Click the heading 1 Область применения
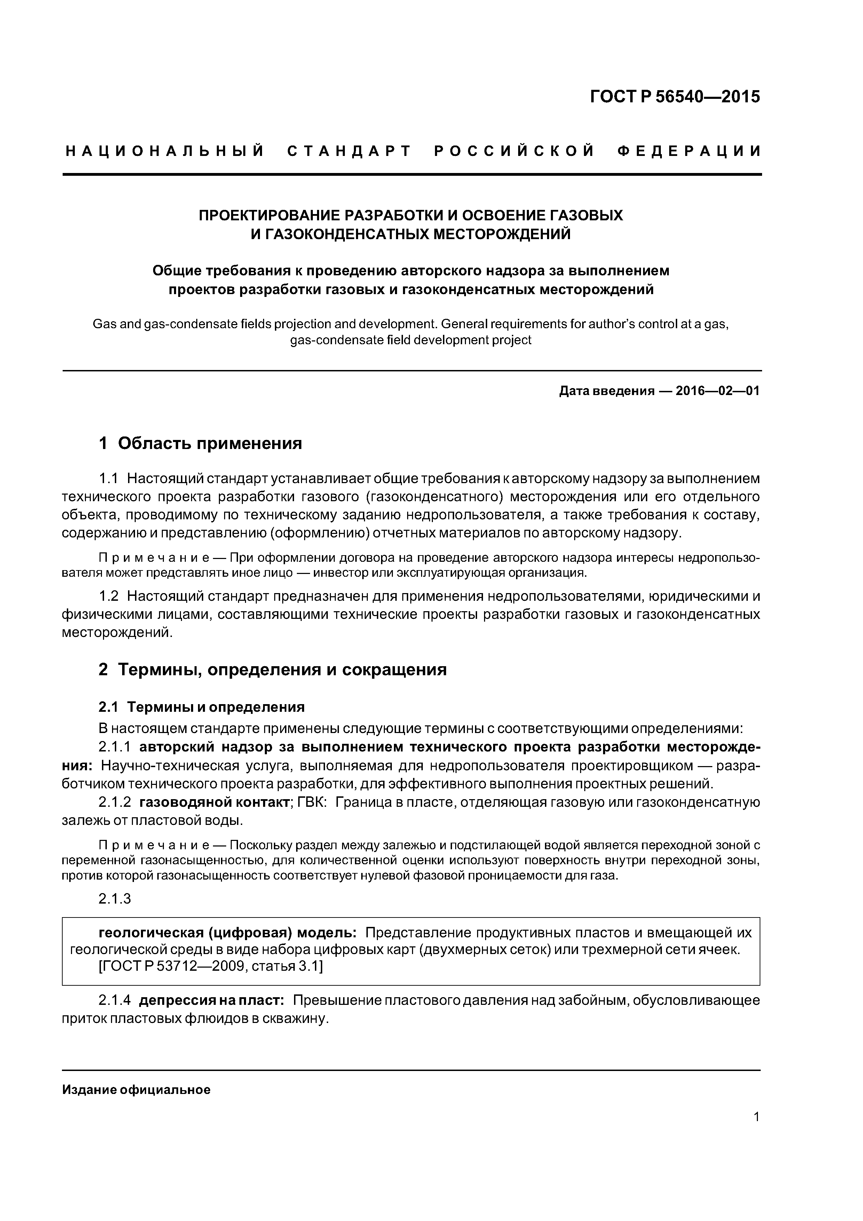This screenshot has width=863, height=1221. pos(200,443)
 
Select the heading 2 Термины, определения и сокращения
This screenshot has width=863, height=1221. pos(272,670)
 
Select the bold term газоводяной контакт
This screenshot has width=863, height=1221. pos(214,803)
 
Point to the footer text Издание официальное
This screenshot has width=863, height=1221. pos(137,1090)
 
